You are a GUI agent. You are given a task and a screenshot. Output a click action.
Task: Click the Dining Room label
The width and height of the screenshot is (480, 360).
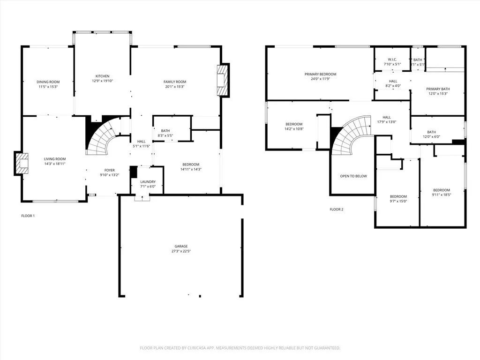(x=49, y=82)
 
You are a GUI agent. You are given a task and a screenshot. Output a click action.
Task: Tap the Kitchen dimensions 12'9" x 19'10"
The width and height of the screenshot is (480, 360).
(x=102, y=81)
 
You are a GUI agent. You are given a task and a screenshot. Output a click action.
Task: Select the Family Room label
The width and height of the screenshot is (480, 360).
(x=175, y=82)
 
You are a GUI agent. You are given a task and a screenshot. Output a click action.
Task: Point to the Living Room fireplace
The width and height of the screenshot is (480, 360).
(x=21, y=163)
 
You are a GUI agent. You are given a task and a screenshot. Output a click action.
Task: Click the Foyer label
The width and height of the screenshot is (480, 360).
(x=109, y=170)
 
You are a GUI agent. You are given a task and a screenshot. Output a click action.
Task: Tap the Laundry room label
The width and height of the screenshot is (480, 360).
(x=148, y=182)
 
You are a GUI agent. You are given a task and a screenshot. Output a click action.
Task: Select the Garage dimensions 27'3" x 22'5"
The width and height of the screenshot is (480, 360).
(x=181, y=251)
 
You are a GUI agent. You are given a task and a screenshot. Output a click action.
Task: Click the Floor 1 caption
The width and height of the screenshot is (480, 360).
(x=28, y=216)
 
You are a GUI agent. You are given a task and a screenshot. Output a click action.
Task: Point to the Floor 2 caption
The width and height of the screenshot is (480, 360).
(x=337, y=209)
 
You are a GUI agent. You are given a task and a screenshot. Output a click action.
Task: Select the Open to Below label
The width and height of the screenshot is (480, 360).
(x=353, y=176)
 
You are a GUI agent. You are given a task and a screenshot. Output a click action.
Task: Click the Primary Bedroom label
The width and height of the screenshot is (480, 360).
(x=320, y=74)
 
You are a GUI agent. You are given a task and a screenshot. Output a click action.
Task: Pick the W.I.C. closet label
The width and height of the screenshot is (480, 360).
(x=392, y=60)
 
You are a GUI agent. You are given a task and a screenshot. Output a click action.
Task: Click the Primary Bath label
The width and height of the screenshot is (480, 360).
(x=438, y=89)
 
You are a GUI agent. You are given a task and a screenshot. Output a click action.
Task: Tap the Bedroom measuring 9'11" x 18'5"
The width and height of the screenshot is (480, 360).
(x=441, y=193)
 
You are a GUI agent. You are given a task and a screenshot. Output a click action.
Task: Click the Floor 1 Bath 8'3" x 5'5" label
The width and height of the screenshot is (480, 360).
(x=165, y=131)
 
